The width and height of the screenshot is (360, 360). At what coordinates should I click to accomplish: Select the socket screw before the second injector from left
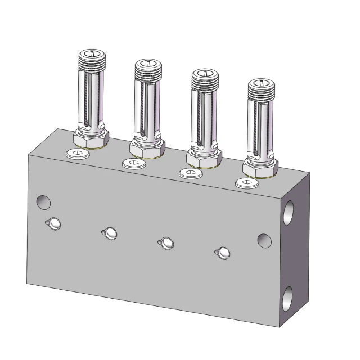132,163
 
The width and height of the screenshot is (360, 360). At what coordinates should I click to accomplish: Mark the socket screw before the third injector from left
190,173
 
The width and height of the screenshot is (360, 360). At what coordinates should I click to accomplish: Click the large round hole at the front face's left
43,201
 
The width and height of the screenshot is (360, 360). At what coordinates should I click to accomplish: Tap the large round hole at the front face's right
264,240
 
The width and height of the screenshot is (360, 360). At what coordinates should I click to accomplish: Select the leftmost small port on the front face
54,224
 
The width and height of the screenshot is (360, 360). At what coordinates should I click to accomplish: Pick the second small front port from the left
110,233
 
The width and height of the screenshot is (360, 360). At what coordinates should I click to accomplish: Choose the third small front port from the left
167,242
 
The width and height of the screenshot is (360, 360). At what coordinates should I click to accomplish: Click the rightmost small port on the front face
223,253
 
